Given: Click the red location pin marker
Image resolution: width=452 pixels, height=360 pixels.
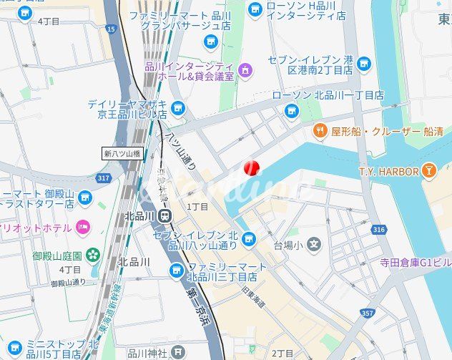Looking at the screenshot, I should (250, 167).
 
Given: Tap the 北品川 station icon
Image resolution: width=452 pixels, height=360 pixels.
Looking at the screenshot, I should (166, 215).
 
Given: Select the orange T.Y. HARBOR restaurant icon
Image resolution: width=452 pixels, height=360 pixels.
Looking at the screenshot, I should (428, 170).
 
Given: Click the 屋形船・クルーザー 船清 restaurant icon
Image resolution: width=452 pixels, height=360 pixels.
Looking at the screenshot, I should (320, 131).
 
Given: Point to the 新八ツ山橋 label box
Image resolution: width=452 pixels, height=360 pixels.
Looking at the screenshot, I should (122, 152).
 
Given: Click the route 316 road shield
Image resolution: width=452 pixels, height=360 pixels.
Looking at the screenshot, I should (378, 230).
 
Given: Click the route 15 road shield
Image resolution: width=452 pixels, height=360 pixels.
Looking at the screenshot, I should (110, 29).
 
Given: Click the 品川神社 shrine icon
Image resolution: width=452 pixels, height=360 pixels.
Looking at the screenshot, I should (178, 352).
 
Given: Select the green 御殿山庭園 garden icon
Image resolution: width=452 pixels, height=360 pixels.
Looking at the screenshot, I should (92, 254).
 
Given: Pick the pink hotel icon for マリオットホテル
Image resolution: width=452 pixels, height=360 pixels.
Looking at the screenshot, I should (84, 227).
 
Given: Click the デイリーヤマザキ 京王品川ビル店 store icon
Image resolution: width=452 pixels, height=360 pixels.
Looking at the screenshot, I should (178, 108).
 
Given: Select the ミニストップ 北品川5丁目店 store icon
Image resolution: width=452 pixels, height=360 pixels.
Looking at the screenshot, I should (16, 348).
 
